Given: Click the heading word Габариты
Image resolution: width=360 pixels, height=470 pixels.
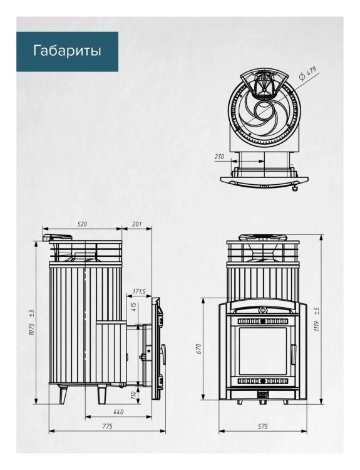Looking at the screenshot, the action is click(67, 51).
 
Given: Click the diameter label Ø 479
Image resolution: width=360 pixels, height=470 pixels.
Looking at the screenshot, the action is click(307, 74).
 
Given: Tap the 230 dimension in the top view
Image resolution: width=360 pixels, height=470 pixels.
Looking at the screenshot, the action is click(219, 157).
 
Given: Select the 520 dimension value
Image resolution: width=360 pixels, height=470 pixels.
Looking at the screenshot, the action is click(82, 224).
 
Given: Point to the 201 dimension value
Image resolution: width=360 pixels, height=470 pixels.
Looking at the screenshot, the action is click(136, 224).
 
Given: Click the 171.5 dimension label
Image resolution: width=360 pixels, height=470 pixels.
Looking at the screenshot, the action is click(139, 291).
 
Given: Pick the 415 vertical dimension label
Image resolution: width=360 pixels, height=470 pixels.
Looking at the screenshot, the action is click(134, 306).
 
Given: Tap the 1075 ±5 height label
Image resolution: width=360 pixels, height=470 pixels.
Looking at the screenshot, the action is click(32, 322).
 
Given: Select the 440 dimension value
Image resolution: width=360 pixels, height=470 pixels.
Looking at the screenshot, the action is click(118, 412).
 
